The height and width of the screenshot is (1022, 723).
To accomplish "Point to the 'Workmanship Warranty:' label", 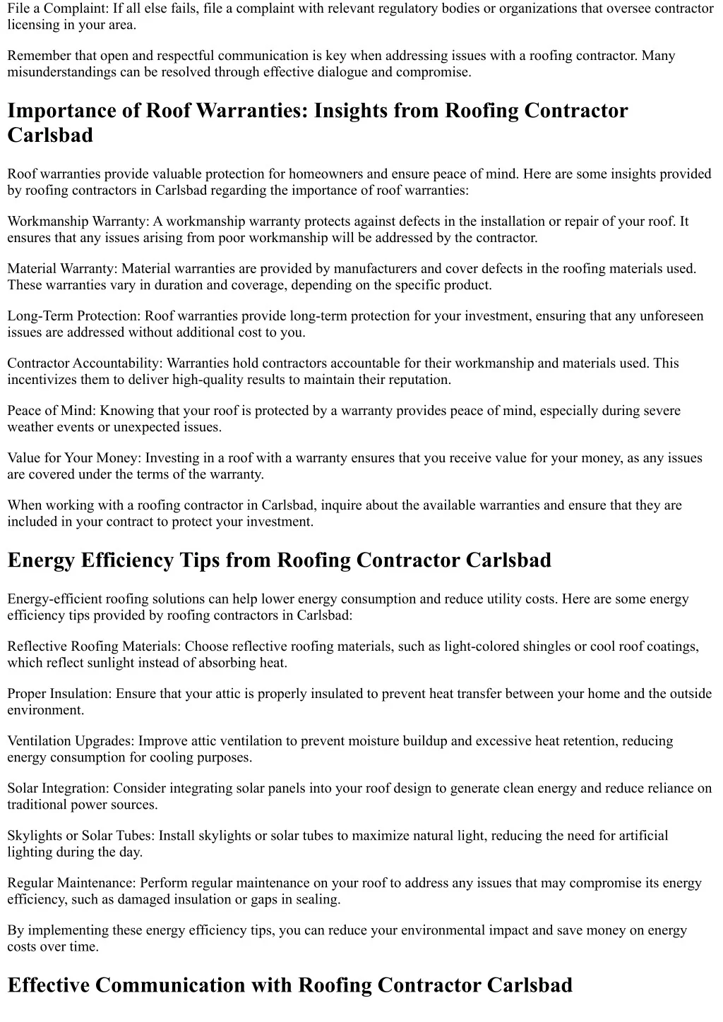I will (77, 222).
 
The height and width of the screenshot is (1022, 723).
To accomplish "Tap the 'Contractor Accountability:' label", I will (85, 363).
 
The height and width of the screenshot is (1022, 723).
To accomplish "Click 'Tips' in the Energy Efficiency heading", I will (199, 560).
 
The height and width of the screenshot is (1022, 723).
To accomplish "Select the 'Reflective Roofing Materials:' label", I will (94, 647).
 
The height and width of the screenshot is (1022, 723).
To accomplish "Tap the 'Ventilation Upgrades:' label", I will (71, 741).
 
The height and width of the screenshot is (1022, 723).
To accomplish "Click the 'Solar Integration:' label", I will (59, 788).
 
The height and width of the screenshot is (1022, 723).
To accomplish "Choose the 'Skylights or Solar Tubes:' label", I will (81, 836).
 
